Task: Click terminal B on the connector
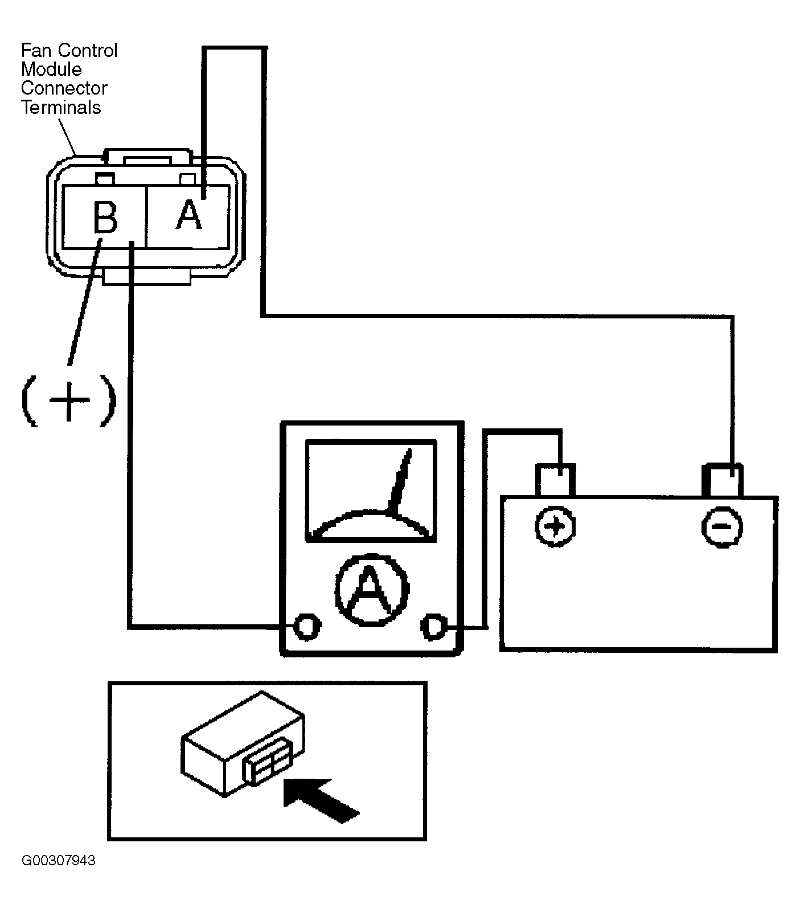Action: point(104,217)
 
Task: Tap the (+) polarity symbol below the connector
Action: point(68,399)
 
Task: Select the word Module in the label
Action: point(51,69)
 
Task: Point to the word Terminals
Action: point(61,108)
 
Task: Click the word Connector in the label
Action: point(64,88)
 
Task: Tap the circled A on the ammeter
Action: point(372,588)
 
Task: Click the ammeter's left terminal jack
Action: point(306,627)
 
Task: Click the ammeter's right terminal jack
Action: point(434,627)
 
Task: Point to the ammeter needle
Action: point(400,479)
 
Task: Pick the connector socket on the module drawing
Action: point(268,764)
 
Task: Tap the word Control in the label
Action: point(85,51)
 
